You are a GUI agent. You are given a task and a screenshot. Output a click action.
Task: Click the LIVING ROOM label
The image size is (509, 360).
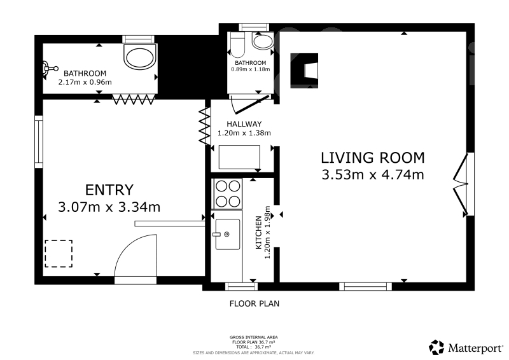[373, 158]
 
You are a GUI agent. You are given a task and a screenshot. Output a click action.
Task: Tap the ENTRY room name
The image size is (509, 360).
[109, 190]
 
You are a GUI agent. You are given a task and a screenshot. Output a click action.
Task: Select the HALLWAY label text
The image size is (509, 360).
[244, 124]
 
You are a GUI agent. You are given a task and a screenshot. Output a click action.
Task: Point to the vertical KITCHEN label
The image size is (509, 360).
[259, 232]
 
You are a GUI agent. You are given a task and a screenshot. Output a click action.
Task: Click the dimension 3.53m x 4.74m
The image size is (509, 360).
[373, 175]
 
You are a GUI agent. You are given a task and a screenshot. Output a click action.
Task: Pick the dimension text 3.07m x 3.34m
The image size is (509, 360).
[109, 207]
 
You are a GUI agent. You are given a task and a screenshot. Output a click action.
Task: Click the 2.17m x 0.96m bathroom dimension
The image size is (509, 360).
[85, 82]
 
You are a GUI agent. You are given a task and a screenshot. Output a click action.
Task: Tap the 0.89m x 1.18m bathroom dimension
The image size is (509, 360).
[250, 69]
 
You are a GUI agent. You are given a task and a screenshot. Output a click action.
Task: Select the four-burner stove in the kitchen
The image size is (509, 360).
[228, 194]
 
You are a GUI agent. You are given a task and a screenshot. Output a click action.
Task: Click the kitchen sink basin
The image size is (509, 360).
[228, 234]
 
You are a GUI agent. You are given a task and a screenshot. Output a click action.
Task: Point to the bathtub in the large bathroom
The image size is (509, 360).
[140, 58]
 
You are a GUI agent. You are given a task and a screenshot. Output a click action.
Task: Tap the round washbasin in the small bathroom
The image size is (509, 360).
[263, 41]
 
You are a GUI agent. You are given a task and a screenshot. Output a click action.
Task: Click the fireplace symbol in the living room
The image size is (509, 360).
[304, 71]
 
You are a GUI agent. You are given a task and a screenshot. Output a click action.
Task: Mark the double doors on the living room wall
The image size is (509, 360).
[461, 184]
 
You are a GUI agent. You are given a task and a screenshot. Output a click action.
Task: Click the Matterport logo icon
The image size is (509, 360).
[436, 347]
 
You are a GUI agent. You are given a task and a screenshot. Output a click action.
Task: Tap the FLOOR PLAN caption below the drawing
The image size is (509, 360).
[254, 304]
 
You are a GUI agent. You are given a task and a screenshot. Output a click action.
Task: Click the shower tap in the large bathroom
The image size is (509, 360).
[50, 69]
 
